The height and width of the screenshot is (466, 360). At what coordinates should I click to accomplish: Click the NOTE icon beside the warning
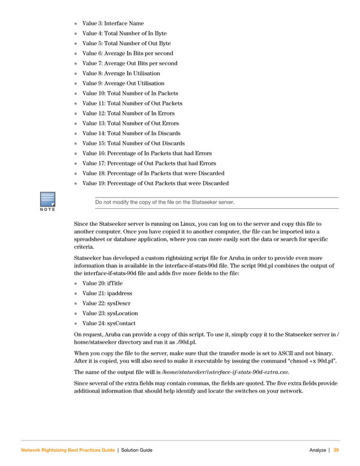click(47, 202)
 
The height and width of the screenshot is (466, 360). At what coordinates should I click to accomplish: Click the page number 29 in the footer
click(336, 450)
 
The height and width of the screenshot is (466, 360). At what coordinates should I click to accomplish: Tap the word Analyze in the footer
click(318, 450)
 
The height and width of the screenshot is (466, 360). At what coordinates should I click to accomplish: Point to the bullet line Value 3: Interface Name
click(113, 23)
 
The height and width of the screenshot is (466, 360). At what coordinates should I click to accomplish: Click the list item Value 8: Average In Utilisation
click(121, 73)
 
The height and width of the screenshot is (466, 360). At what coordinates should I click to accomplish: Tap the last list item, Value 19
click(155, 183)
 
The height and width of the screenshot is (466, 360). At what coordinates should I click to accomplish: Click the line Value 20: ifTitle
click(101, 283)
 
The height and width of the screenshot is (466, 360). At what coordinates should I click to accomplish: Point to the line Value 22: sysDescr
click(106, 304)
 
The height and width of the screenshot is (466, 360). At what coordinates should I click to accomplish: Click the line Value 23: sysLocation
click(109, 313)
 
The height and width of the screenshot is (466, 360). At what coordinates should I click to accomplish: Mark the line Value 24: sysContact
click(109, 323)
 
